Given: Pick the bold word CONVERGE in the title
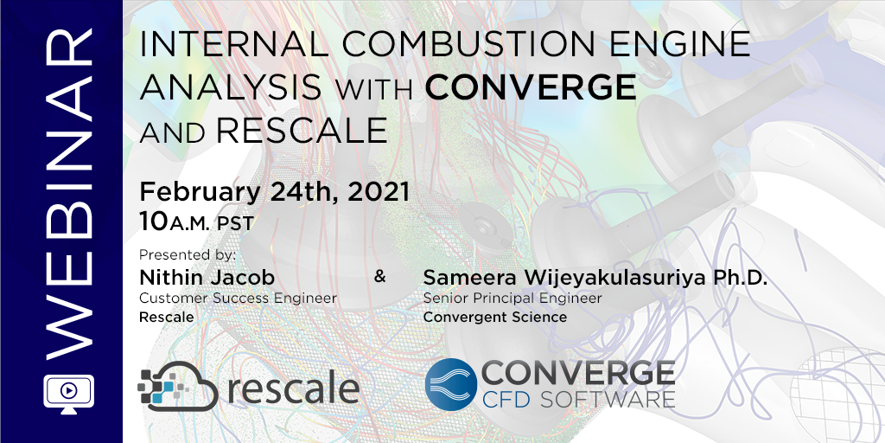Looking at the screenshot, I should tap(530, 87).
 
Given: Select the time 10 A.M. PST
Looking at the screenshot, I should tap(196, 222).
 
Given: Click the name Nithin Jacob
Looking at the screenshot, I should tap(207, 278).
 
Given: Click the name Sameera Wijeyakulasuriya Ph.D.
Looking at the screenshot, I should tap(595, 279).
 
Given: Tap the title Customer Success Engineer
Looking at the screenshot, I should tap(238, 299).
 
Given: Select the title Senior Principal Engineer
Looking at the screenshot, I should tap(513, 299).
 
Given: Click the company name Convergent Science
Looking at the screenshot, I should tap(494, 317).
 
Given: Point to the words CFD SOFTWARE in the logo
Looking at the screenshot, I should tap(577, 399).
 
